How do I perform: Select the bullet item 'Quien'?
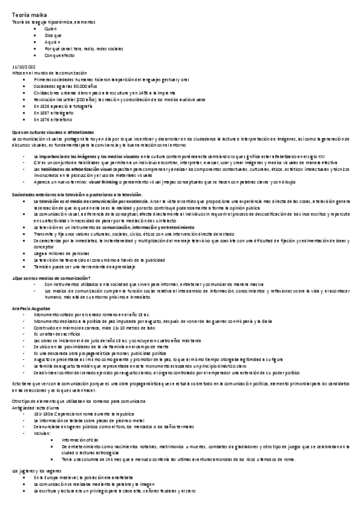coord(50,28)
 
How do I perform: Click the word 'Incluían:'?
coord(44,432)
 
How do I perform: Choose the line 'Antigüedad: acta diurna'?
coord(38,408)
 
